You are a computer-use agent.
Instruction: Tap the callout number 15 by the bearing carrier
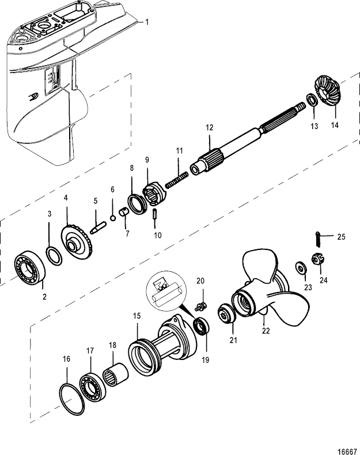pos(137,316)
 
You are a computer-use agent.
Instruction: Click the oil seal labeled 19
pos(202,325)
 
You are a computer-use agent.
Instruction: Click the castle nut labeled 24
pos(316,260)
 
